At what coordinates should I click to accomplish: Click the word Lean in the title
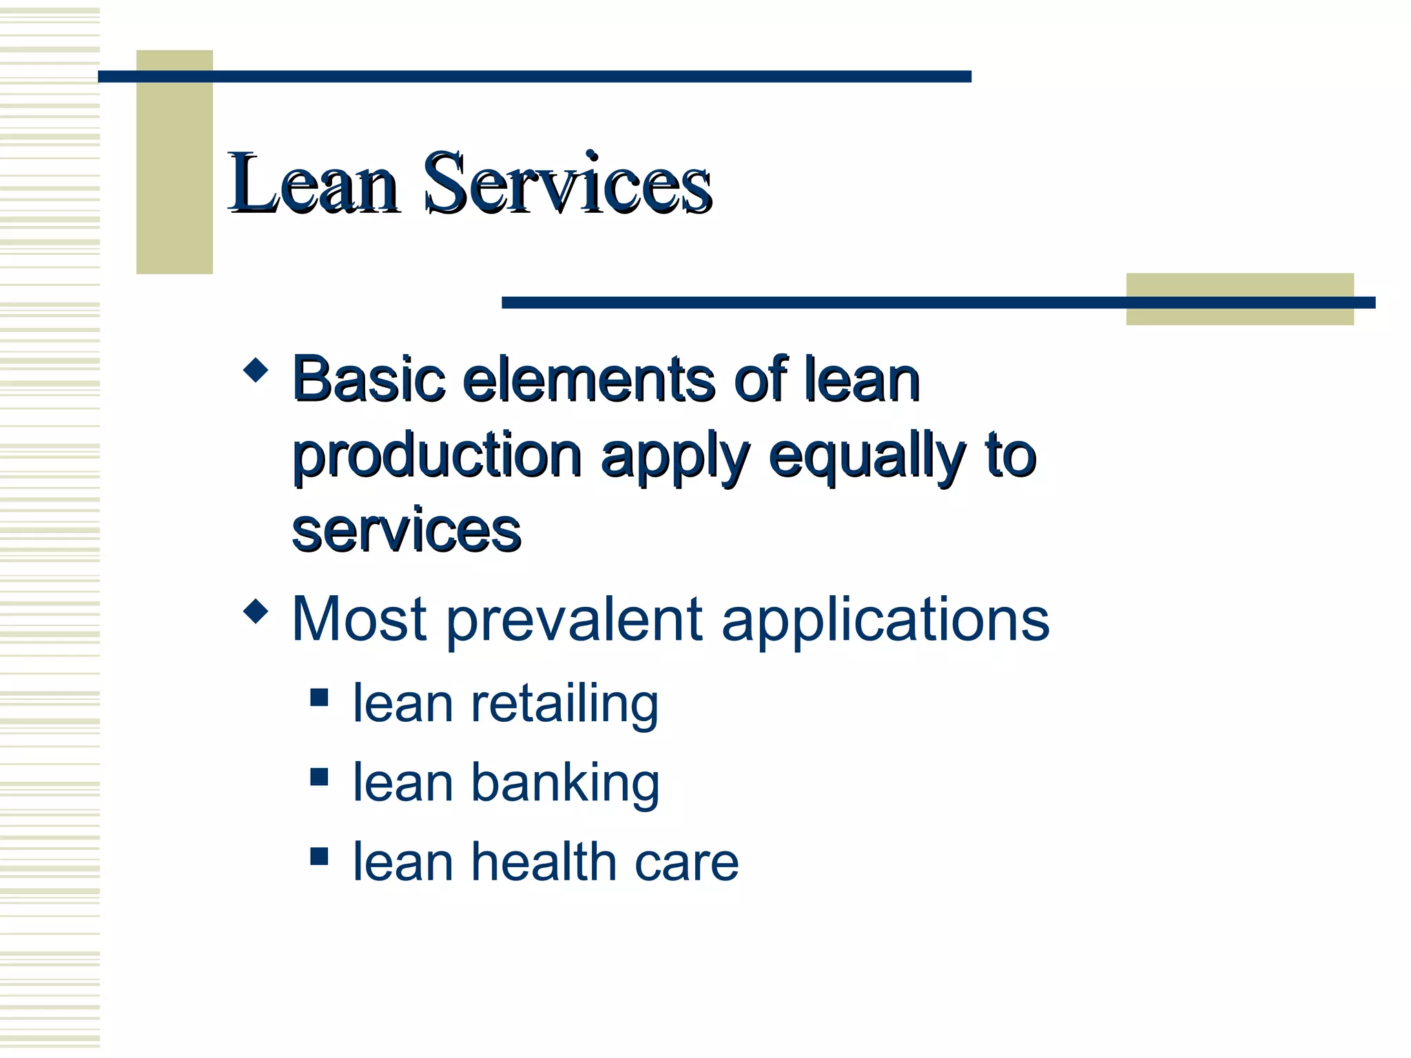click(313, 183)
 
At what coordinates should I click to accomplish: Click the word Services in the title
click(566, 183)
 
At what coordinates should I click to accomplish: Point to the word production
click(437, 456)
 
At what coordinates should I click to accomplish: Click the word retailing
click(564, 704)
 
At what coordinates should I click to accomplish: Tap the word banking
click(565, 782)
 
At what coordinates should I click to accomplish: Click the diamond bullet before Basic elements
click(256, 370)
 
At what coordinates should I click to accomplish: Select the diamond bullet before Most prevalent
click(256, 610)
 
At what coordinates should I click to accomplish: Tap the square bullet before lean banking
click(319, 777)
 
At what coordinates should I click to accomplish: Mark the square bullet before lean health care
click(319, 856)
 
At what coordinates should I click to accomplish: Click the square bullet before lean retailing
click(319, 698)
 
